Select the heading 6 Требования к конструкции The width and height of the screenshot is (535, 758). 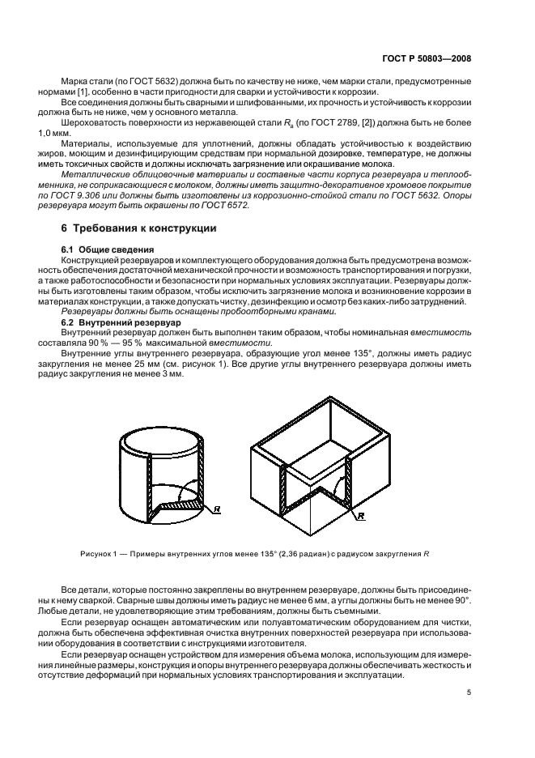click(139, 228)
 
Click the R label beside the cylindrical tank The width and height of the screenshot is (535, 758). click(216, 509)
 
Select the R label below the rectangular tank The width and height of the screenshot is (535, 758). click(361, 515)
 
